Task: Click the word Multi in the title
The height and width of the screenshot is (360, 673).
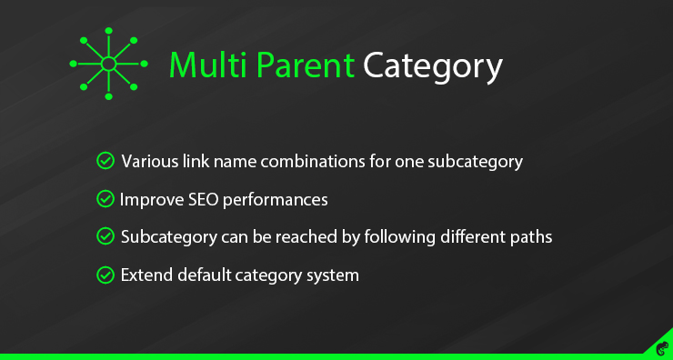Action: tap(202, 66)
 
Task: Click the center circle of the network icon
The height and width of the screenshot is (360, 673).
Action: tap(107, 64)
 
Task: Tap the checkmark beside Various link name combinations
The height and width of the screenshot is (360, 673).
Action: tap(105, 162)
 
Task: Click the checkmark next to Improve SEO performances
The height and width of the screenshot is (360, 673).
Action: tap(105, 198)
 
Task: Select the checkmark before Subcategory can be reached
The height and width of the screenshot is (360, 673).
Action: tap(105, 236)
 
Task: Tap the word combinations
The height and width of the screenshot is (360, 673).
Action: tap(331, 162)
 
